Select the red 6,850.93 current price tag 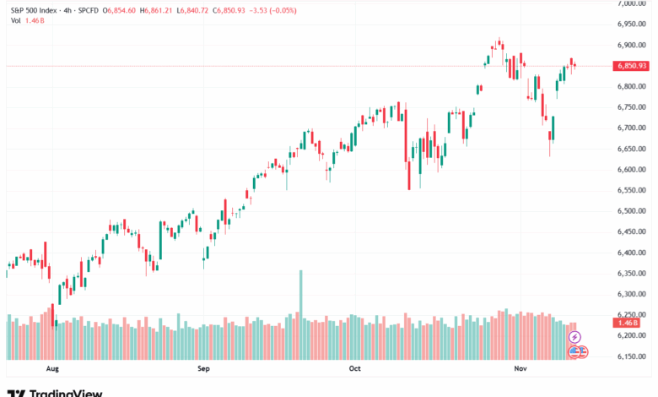(632, 65)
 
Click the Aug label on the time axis (52, 368)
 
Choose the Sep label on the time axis (202, 368)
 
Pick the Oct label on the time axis (354, 368)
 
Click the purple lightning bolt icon (575, 337)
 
